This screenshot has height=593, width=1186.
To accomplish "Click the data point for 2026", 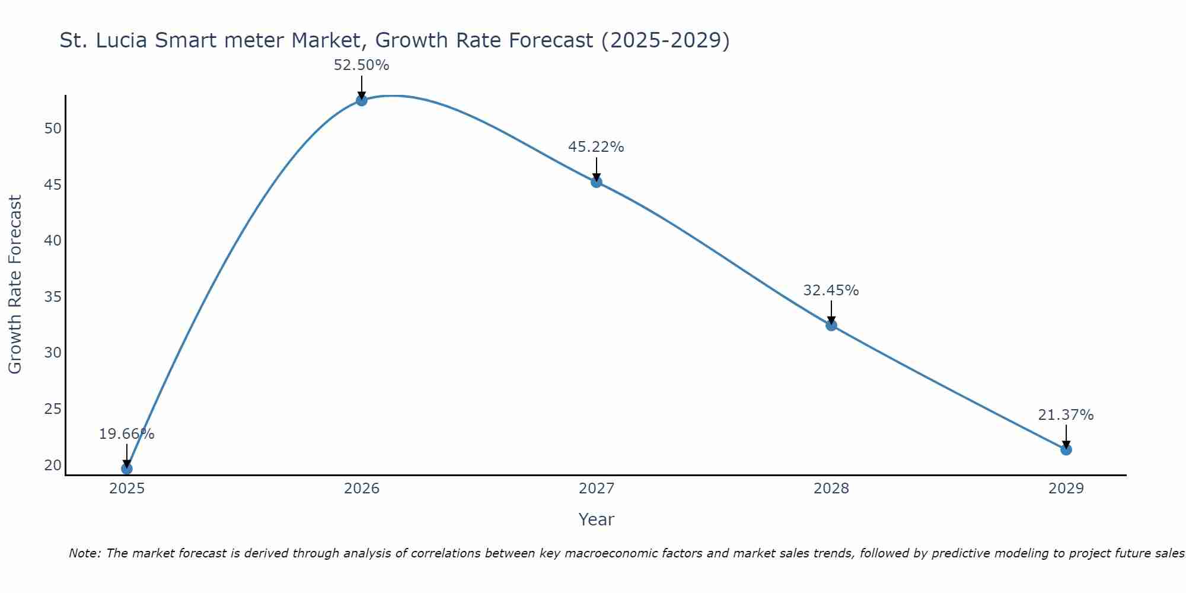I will click(362, 100).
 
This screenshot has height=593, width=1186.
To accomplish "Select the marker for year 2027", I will click(597, 182).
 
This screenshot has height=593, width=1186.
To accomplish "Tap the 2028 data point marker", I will click(831, 325).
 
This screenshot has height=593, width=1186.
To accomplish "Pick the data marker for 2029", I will click(1066, 449).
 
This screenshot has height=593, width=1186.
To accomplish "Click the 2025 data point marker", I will click(127, 468).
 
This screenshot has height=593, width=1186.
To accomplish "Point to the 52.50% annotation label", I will click(362, 65).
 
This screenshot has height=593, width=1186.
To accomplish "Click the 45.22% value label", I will click(596, 147).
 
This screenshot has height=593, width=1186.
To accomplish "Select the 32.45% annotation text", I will click(831, 291).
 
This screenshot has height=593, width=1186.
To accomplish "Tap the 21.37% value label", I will click(1066, 415).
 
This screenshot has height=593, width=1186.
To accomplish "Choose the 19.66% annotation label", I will click(126, 434).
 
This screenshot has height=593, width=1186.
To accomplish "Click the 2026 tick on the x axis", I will click(362, 489).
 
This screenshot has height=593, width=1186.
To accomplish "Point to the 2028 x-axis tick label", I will click(831, 489).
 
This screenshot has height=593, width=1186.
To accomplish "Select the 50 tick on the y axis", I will click(53, 129).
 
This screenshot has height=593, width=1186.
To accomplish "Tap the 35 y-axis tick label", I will click(53, 297).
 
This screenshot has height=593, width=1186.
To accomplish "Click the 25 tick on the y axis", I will click(53, 409).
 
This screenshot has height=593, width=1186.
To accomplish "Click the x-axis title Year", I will click(596, 519).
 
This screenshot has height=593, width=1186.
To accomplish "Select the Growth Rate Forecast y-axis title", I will click(15, 285).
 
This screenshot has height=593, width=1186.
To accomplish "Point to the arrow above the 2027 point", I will click(597, 169).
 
